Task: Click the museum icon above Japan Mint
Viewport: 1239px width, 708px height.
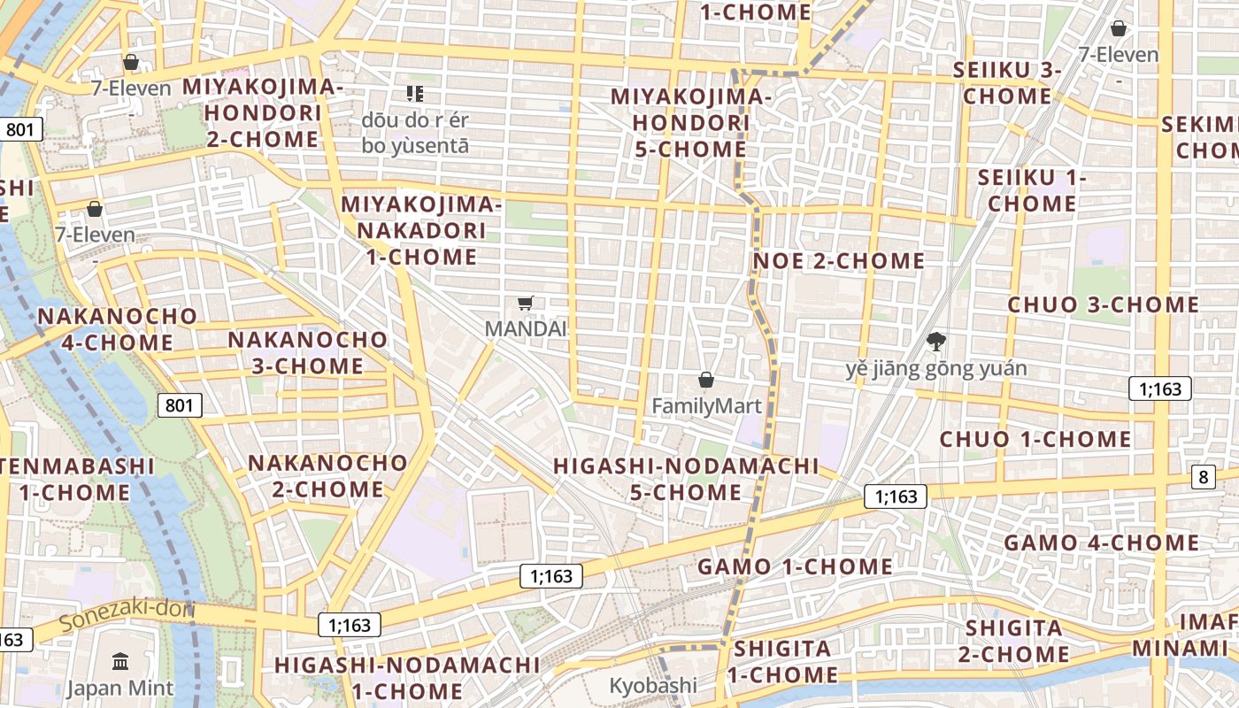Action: click(x=120, y=661)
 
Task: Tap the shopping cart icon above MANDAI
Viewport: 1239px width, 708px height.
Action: click(x=525, y=304)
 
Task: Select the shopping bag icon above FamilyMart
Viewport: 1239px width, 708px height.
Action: click(x=706, y=381)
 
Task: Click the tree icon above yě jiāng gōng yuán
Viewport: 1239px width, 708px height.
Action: click(x=935, y=342)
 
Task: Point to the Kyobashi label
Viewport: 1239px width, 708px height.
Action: click(x=653, y=685)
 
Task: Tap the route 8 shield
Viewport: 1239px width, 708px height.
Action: click(x=1203, y=477)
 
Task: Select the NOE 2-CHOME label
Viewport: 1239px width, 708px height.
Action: click(x=838, y=261)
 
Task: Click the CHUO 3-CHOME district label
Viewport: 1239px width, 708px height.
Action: click(x=1104, y=305)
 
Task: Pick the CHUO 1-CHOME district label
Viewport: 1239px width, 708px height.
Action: click(x=1035, y=439)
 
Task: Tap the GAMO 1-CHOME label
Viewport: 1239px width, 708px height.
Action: click(x=796, y=566)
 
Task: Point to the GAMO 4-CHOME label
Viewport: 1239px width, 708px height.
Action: click(x=1101, y=543)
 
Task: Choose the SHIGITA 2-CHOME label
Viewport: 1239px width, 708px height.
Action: click(x=1013, y=642)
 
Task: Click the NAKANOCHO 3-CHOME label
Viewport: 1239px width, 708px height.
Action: click(x=308, y=352)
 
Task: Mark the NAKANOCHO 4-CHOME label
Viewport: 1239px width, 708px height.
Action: click(x=118, y=329)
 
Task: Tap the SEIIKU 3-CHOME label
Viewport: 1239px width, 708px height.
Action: click(x=1007, y=83)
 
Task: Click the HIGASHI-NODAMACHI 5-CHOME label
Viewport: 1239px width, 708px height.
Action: click(x=686, y=479)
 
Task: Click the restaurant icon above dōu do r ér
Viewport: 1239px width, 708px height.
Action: click(x=415, y=93)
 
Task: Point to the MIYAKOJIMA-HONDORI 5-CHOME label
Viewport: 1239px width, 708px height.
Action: click(x=690, y=122)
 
